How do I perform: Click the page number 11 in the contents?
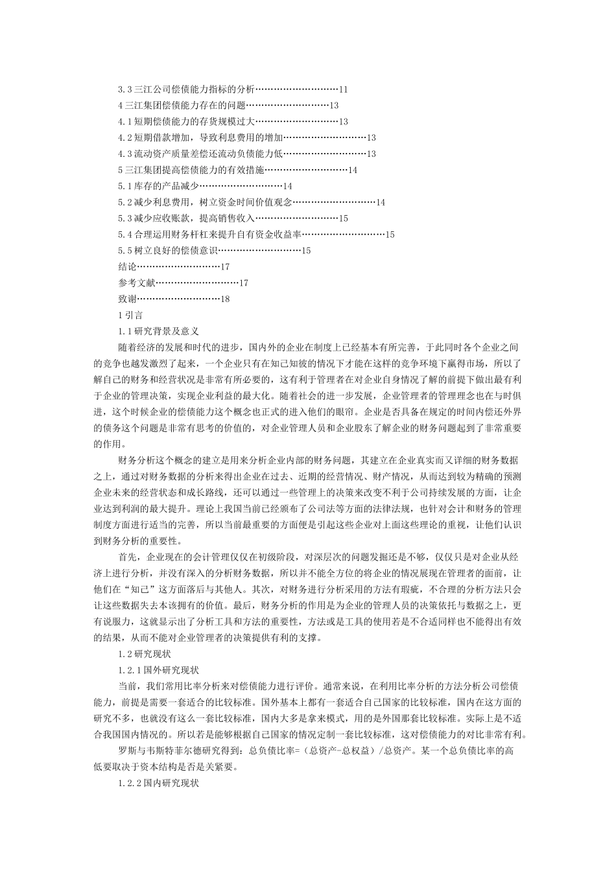click(x=344, y=89)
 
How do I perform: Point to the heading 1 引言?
click(x=130, y=315)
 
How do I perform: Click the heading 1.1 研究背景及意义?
click(x=158, y=331)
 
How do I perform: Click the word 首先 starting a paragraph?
click(x=128, y=557)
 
